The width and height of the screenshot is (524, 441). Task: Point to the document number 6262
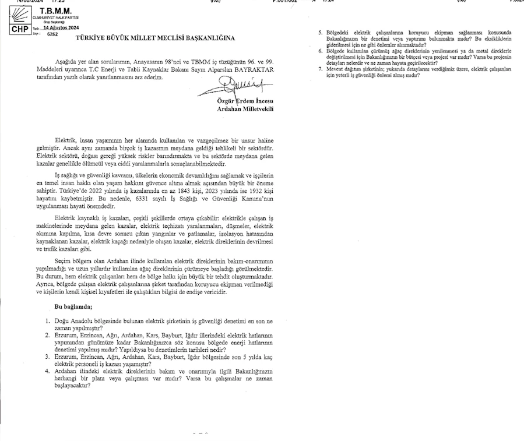52,34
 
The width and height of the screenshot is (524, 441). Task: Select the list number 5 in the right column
321,33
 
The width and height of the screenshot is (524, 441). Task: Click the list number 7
321,69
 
